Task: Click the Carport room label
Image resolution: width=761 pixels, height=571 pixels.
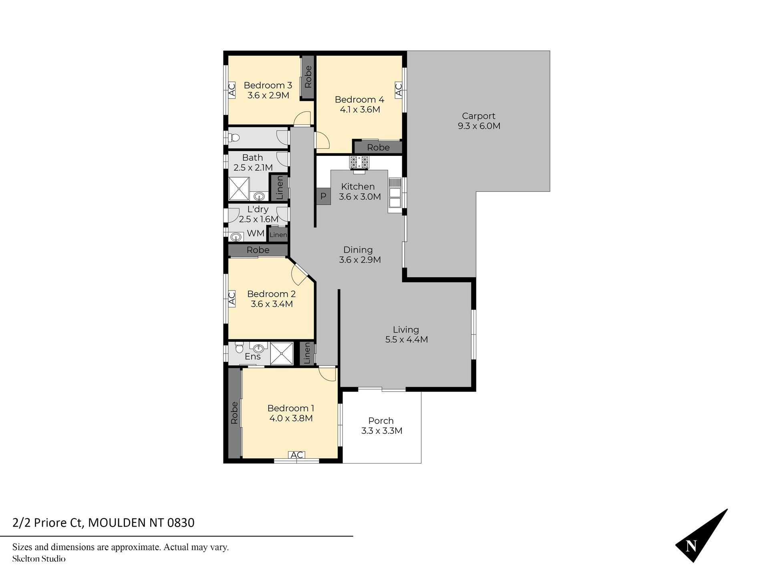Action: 479,116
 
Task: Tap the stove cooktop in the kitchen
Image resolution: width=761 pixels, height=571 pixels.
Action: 359,162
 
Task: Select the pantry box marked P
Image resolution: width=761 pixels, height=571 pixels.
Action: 323,196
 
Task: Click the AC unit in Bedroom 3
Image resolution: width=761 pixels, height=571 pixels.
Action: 232,90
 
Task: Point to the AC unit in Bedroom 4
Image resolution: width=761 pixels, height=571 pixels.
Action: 399,89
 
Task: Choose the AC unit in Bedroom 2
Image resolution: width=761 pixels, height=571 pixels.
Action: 232,299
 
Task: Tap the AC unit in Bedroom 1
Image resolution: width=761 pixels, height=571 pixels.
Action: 297,455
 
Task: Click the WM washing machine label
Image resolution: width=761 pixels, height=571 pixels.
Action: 256,233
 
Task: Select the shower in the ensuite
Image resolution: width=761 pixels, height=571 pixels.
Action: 282,353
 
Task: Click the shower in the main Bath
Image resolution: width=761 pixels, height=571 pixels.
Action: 239,189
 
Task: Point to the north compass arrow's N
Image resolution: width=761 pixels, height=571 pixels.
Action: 691,546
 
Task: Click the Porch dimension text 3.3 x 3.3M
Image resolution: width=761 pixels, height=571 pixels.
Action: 382,431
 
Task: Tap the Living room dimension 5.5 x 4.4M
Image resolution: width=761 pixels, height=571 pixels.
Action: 407,339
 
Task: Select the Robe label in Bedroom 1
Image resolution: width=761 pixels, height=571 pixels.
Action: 234,413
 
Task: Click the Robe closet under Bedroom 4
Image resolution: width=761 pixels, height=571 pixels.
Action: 378,147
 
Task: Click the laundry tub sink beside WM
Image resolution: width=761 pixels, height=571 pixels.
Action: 237,237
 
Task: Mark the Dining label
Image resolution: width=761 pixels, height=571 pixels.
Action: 358,250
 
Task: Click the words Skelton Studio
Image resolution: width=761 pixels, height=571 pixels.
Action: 39,559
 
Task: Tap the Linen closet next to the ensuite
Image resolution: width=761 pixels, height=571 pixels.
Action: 307,353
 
